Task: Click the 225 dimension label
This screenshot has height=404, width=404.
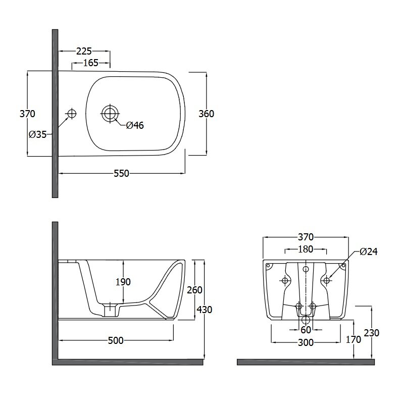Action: tap(84, 52)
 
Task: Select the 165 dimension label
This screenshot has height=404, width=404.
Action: tap(91, 63)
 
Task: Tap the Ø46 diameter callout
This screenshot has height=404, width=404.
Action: tap(135, 125)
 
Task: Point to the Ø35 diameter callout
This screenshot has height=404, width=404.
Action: tap(37, 134)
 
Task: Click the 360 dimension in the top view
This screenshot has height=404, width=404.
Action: tap(206, 114)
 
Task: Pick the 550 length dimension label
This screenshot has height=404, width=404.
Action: tap(121, 173)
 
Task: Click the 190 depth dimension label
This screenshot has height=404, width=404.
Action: tap(123, 282)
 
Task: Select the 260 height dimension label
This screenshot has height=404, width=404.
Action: tap(194, 290)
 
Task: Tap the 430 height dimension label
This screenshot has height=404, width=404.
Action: tap(205, 310)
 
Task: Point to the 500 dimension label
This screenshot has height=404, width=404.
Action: tap(116, 340)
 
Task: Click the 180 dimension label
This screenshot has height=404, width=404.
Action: tap(306, 249)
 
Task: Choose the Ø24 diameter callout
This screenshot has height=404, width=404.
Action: tap(369, 251)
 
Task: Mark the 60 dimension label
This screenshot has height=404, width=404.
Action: tap(306, 330)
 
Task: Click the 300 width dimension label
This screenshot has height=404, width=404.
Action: tap(306, 343)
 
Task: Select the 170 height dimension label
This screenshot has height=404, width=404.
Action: tap(353, 339)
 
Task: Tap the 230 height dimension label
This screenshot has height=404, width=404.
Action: tap(372, 333)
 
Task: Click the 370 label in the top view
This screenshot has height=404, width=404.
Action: tap(27, 114)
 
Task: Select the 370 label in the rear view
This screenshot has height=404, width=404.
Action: tap(306, 237)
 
